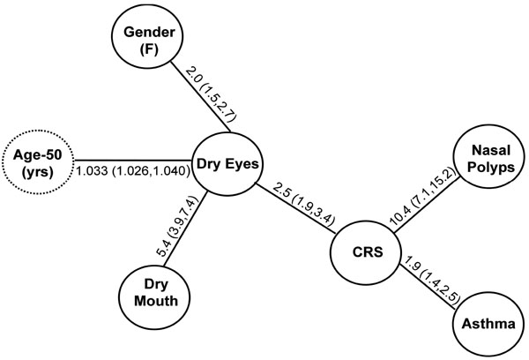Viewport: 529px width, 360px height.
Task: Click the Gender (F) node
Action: click(149, 36)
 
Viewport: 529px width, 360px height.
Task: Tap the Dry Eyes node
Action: click(227, 164)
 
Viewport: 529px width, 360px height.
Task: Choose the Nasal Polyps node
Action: click(490, 159)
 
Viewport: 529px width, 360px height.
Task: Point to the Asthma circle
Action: click(488, 324)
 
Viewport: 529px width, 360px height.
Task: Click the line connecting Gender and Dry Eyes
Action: click(201, 97)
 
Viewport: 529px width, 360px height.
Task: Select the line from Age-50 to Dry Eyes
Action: click(132, 160)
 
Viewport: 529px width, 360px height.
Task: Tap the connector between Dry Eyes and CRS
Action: click(295, 208)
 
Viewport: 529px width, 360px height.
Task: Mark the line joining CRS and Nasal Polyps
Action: click(427, 205)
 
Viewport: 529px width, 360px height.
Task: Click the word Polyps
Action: click(490, 167)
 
